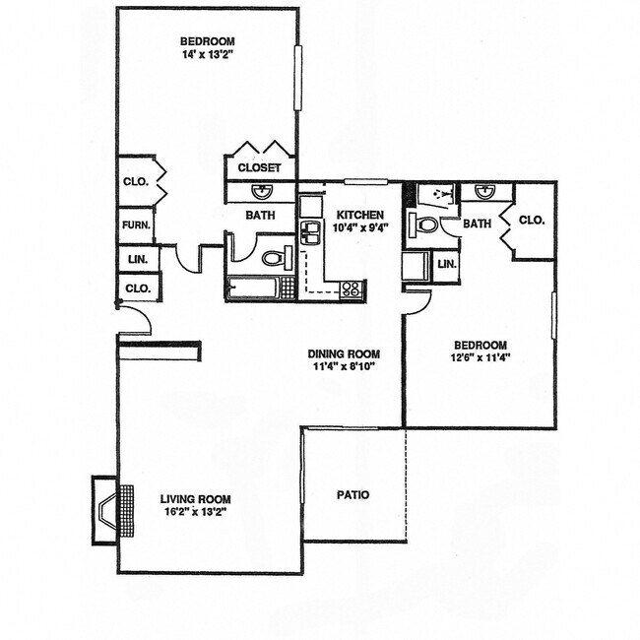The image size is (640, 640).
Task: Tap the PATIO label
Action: click(x=352, y=494)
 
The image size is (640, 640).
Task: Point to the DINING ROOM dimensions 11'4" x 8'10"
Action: click(x=343, y=368)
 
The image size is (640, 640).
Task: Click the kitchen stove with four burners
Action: click(x=352, y=289)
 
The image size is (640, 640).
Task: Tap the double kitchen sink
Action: click(x=311, y=233)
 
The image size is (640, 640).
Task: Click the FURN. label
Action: click(x=135, y=225)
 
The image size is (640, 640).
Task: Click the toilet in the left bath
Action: click(x=273, y=259)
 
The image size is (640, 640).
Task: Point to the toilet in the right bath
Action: click(x=426, y=225)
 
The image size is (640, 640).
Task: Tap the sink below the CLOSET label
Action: click(x=260, y=192)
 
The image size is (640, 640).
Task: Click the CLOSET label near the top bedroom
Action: click(x=260, y=168)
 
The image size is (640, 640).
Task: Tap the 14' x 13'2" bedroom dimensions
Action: click(x=208, y=55)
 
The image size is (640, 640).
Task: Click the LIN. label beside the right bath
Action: click(x=446, y=264)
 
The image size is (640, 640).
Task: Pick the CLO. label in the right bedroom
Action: click(x=531, y=221)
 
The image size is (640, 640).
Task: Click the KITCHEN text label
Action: click(x=360, y=215)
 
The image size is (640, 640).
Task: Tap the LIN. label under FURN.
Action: click(x=136, y=260)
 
